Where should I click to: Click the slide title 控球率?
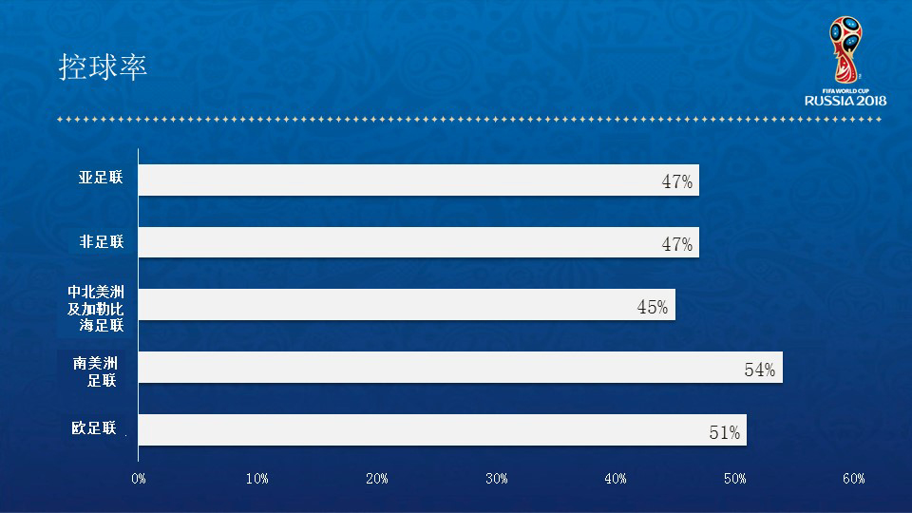point(104,68)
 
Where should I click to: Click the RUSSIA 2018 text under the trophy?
point(845,100)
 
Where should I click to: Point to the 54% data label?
point(760,370)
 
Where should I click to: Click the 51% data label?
point(725,433)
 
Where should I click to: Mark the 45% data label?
point(653,308)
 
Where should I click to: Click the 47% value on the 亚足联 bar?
point(677,182)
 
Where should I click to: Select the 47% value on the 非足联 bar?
point(677,245)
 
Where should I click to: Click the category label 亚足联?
point(101,178)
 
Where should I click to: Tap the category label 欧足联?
point(94,428)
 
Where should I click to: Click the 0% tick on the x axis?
point(139,479)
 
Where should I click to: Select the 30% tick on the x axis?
point(496,479)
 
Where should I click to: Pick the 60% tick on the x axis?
point(853,479)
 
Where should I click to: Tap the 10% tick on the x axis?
point(257,479)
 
